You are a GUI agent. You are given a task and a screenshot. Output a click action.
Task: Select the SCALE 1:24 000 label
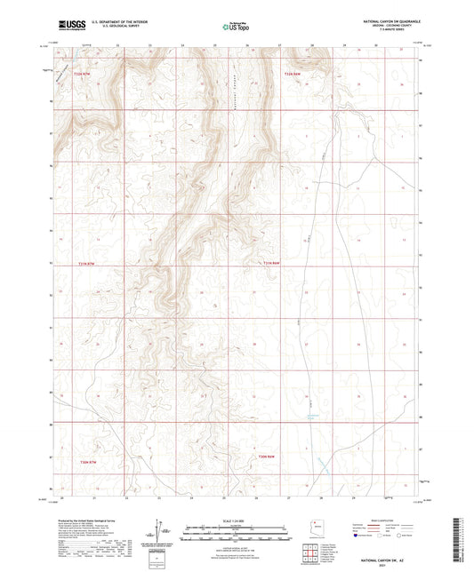click(x=236, y=520)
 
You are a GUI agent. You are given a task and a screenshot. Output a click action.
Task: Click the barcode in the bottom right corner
click(x=462, y=542)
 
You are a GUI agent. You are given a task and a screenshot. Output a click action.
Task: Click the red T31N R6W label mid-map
click(x=271, y=264)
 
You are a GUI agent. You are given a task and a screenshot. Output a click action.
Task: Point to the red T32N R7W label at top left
click(x=83, y=73)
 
